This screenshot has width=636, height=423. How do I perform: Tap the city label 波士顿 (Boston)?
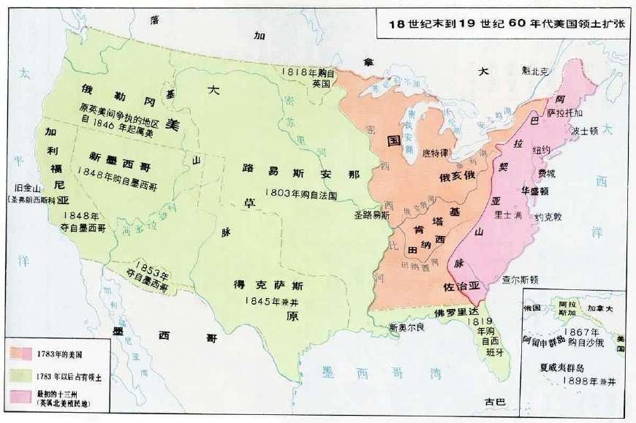[x=585, y=132]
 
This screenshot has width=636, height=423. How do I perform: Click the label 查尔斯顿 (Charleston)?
[x=520, y=279]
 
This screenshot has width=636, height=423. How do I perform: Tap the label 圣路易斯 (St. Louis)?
[x=372, y=216]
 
